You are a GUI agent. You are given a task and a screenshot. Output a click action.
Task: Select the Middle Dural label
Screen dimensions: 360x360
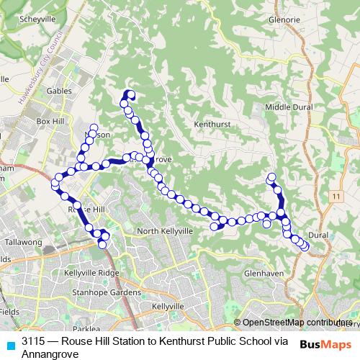(288, 107)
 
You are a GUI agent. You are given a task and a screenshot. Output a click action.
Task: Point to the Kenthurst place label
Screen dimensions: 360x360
(211, 124)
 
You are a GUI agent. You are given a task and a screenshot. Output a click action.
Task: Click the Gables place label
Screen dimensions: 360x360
(60, 91)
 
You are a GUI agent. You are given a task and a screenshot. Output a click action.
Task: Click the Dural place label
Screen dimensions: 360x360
(318, 235)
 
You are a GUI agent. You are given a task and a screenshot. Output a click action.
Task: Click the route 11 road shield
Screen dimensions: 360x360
(336, 196)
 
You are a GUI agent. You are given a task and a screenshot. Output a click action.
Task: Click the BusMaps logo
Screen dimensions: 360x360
(325, 344)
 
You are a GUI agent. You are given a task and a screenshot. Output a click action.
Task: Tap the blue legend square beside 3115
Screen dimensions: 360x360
(9, 345)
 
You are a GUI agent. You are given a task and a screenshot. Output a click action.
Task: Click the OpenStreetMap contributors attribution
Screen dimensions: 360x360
(295, 323)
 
